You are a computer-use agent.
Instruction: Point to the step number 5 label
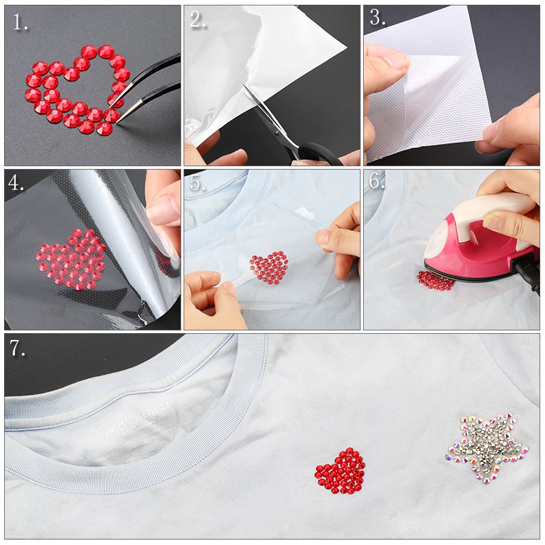(197, 183)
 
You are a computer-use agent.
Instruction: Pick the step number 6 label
(377, 182)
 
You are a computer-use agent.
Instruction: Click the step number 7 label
(18, 349)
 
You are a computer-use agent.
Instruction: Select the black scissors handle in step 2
(320, 153)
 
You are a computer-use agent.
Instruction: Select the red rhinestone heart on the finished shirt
(341, 470)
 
